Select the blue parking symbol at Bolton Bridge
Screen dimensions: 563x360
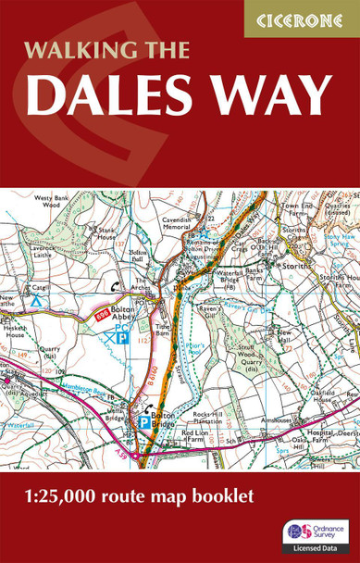144,421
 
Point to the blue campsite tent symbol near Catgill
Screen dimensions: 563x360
36,301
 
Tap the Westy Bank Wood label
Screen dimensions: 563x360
53,202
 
